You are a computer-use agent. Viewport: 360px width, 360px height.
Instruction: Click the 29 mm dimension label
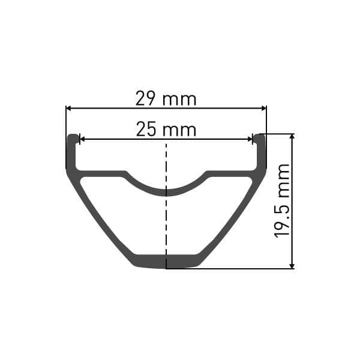click(166, 98)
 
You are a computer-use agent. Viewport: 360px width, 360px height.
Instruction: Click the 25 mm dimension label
click(166, 129)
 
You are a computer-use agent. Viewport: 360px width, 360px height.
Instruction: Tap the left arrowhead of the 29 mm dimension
click(69, 109)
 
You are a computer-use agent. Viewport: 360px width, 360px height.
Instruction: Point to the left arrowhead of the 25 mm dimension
click(83, 139)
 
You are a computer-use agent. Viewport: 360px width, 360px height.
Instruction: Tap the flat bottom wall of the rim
click(166, 262)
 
